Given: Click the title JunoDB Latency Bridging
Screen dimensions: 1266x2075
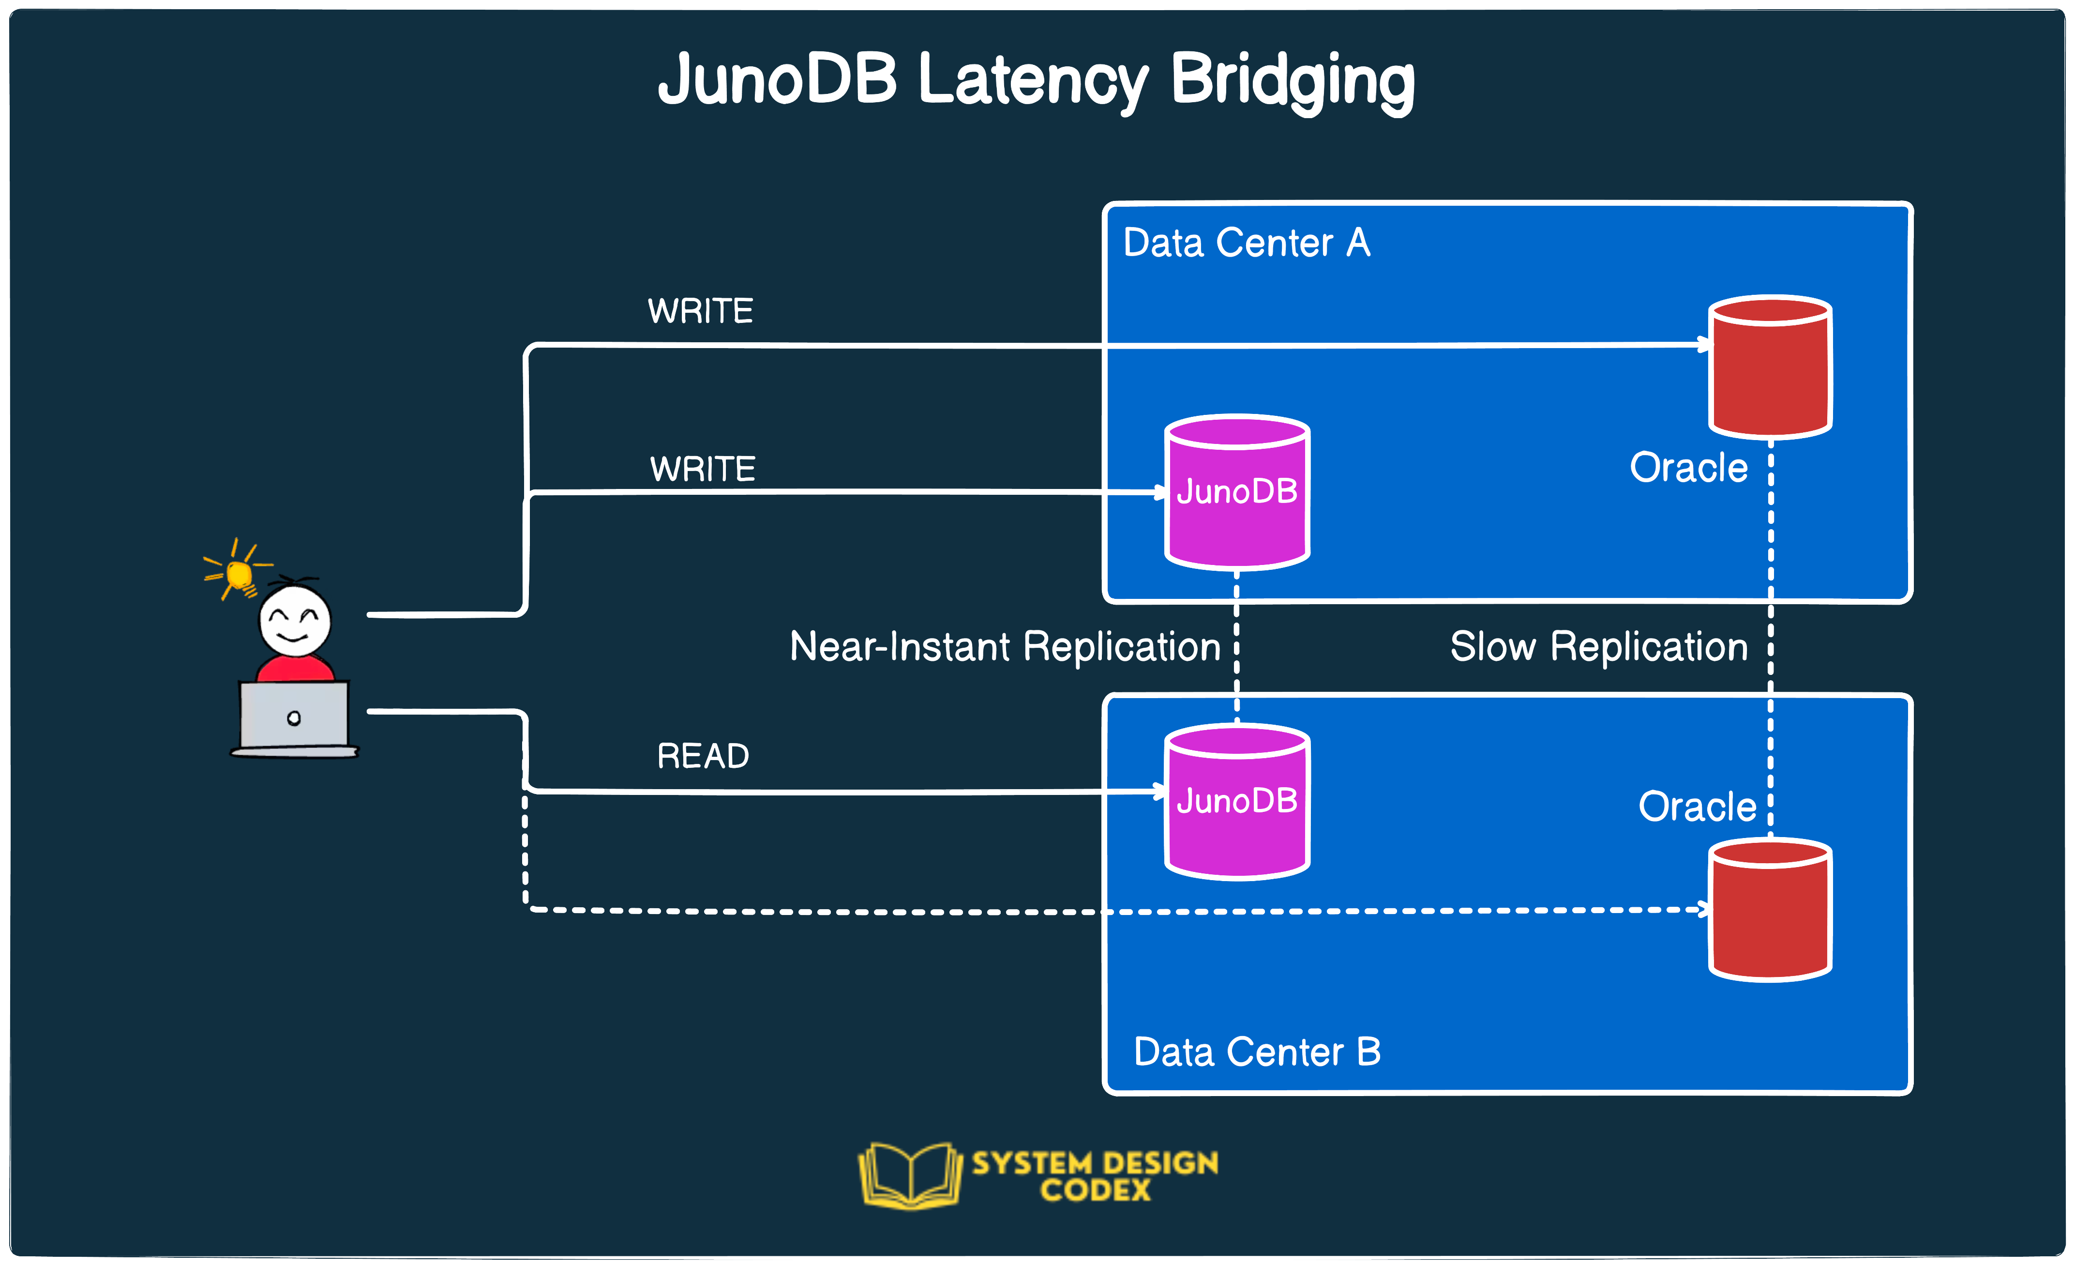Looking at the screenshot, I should click(1036, 80).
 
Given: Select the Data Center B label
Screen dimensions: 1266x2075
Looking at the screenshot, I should click(1256, 1052).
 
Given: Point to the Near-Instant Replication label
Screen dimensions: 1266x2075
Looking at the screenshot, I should click(1005, 647).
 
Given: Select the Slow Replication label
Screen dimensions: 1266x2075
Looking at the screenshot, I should click(1598, 647).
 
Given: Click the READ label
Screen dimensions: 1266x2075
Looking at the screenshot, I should click(702, 756).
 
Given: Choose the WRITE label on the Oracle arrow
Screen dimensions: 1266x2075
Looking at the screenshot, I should click(700, 311).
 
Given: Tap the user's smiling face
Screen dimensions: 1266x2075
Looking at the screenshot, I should click(295, 622).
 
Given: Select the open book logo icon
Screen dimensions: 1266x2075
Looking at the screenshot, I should click(909, 1175).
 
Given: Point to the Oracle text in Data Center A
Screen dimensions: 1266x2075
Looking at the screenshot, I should click(1688, 468).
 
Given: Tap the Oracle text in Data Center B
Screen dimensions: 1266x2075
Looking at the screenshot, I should click(1697, 806).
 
